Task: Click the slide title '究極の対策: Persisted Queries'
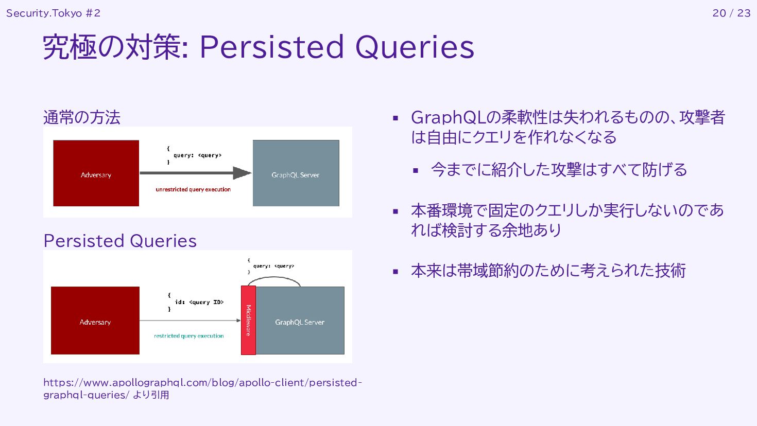point(259,47)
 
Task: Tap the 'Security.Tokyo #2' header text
point(53,13)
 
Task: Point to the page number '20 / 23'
point(731,13)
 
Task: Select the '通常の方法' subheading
point(82,117)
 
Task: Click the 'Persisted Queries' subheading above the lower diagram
point(120,241)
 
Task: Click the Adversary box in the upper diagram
point(96,173)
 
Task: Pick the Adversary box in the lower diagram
point(95,321)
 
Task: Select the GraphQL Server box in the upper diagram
point(296,173)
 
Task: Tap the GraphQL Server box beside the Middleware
point(300,321)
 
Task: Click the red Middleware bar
point(248,320)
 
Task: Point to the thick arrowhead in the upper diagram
point(242,173)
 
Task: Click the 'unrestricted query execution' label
point(193,189)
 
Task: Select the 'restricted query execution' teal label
point(189,336)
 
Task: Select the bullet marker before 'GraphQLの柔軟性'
point(395,118)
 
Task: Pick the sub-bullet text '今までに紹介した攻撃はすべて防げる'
point(559,170)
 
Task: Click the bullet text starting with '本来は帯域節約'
point(548,271)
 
